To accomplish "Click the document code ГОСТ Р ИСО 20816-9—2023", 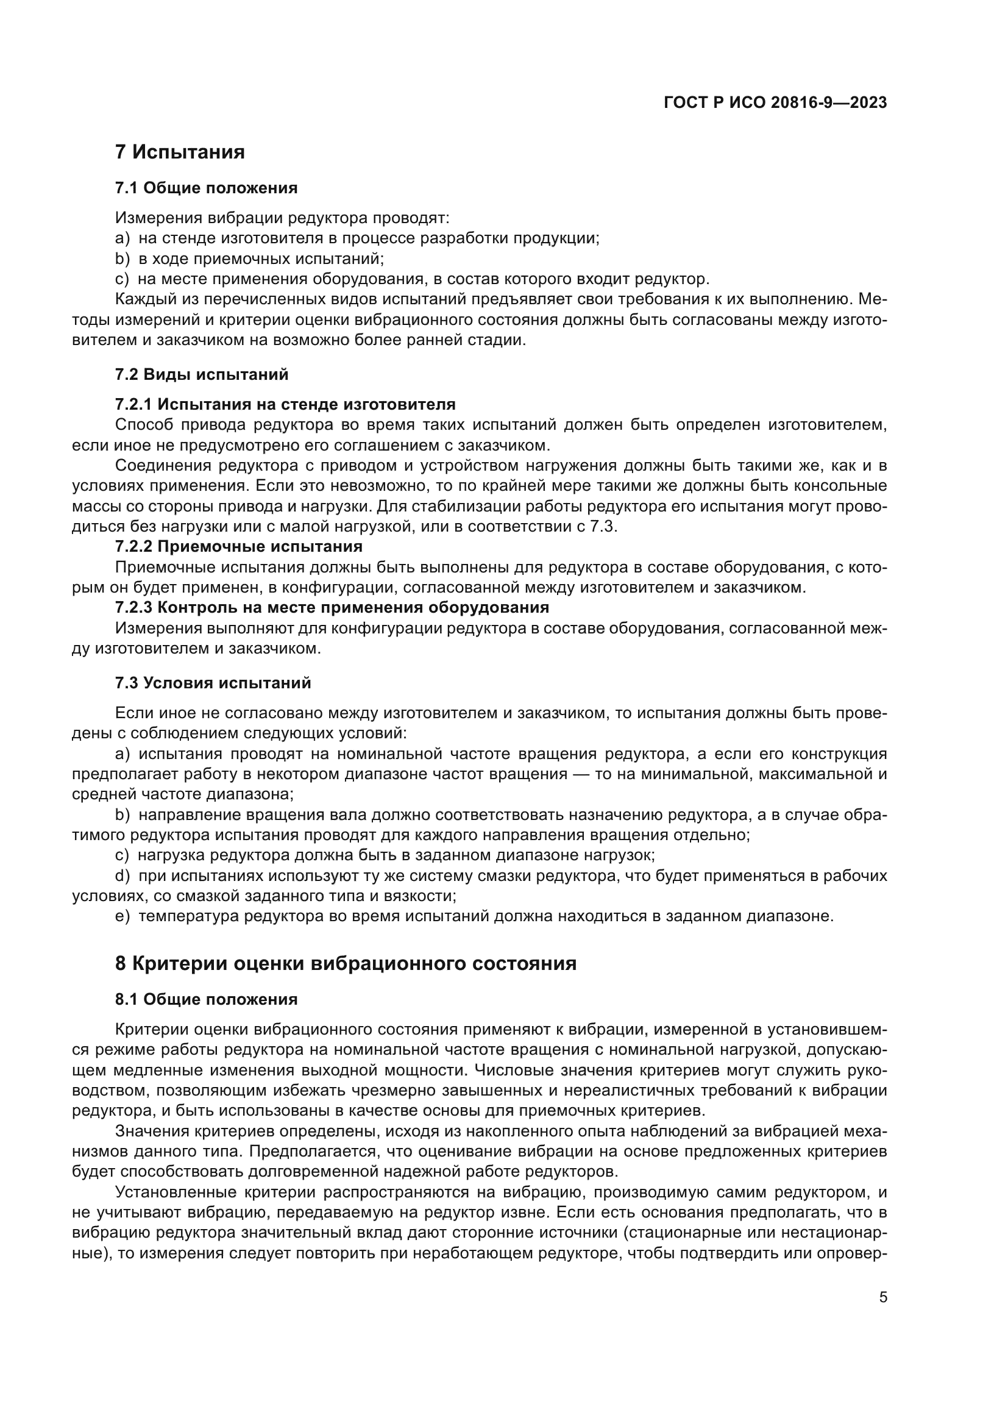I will (x=775, y=103).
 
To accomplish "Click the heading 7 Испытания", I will (x=180, y=152).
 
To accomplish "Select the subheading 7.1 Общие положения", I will (x=206, y=188).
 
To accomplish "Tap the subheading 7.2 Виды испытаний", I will (x=202, y=374).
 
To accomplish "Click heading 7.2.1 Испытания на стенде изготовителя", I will (x=285, y=404).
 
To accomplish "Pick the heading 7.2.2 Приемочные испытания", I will (x=239, y=546).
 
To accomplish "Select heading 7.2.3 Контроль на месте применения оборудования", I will (x=332, y=607).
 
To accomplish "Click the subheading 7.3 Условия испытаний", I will (x=213, y=683).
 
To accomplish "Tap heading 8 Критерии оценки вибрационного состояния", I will (x=346, y=963).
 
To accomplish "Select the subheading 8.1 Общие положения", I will (x=206, y=999).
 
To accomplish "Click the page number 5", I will (x=883, y=1297).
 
